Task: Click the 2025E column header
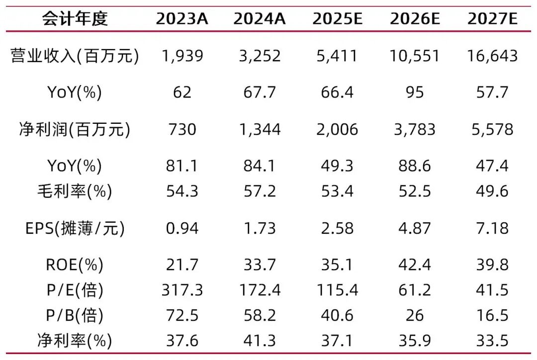pos(337,19)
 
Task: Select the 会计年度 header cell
pos(75,19)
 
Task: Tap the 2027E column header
pos(492,19)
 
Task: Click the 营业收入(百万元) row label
pos(75,56)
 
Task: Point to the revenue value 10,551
pos(415,56)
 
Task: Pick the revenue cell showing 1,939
pos(182,56)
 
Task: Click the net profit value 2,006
pos(337,129)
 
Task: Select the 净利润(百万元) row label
pos(75,129)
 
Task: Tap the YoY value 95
pos(415,92)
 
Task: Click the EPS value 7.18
pos(492,228)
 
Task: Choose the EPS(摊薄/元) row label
pos(75,228)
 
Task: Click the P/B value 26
pos(415,315)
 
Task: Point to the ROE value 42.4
pos(415,265)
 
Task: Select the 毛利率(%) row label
pos(75,191)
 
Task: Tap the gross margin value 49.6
pos(492,191)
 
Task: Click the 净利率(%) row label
pos(75,341)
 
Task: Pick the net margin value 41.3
pos(260,341)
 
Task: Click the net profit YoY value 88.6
pos(415,166)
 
